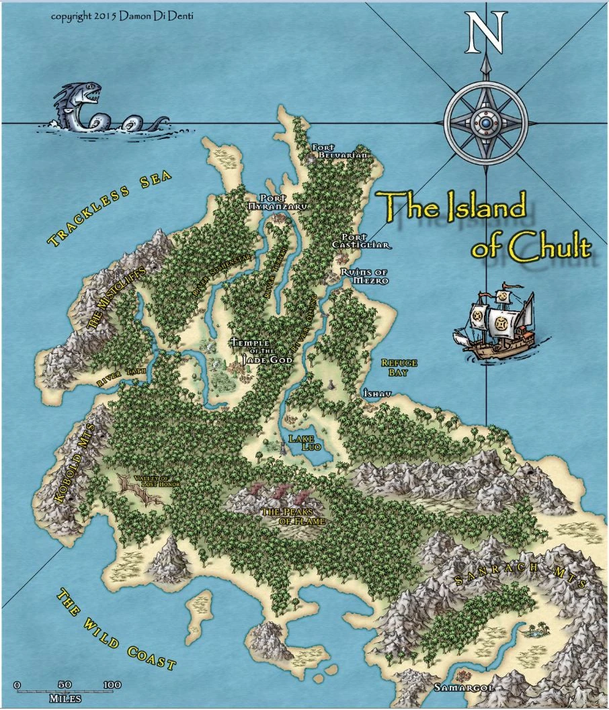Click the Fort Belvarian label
tap(341, 150)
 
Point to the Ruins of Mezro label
tap(364, 275)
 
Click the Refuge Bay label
tap(399, 367)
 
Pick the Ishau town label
tap(372, 392)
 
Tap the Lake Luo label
tap(301, 442)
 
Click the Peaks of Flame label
tap(293, 516)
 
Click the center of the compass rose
tap(485, 124)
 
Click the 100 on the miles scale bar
tap(112, 684)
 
